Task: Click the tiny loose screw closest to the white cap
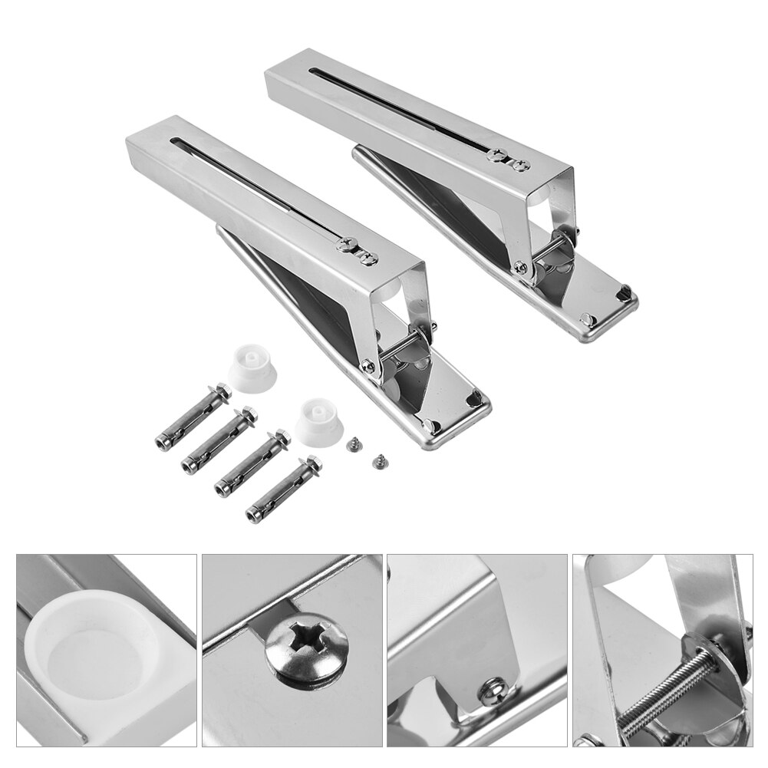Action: (x=354, y=443)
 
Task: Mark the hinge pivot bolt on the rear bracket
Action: (x=521, y=267)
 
